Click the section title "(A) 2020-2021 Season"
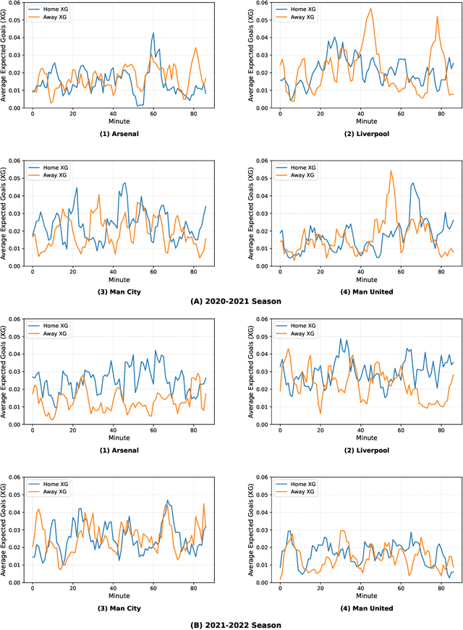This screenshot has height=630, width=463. coord(231,300)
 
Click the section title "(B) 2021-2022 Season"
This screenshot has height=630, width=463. coord(231,624)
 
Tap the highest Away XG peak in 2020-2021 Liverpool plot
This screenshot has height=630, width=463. coord(371,9)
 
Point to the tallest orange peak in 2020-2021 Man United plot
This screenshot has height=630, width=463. coord(391,171)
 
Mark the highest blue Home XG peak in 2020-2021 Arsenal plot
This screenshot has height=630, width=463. coord(153,33)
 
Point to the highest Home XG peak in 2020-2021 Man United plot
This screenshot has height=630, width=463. coord(413,183)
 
